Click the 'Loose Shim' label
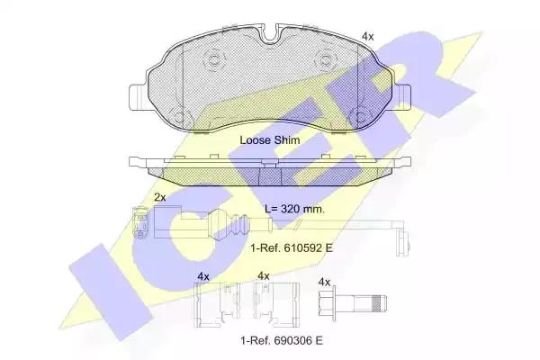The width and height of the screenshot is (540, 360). coord(270,140)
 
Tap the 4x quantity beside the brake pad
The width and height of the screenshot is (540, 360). coord(367,37)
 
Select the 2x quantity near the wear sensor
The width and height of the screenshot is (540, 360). coord(160,197)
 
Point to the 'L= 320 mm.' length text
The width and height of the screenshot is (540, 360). coord(294,209)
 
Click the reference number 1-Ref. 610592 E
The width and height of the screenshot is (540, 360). coord(292,247)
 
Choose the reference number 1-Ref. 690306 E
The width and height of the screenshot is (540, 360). coord(282,340)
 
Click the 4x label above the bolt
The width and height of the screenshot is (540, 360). coord(324,283)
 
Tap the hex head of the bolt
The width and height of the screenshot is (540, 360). coord(328,303)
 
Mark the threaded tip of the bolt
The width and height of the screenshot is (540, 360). coord(380,303)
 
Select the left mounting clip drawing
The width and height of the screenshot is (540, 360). coord(217,305)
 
